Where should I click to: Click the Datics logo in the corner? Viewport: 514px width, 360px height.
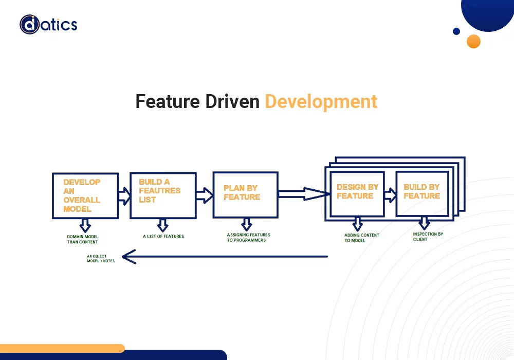pyautogui.click(x=48, y=24)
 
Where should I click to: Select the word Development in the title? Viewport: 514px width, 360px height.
pyautogui.click(x=321, y=101)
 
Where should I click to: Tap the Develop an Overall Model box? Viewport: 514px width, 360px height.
pyautogui.click(x=85, y=195)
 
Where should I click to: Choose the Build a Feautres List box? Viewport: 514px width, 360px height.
pyautogui.click(x=162, y=195)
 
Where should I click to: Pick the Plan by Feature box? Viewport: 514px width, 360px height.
pyautogui.click(x=245, y=194)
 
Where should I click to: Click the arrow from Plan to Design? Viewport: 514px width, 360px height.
pyautogui.click(x=303, y=194)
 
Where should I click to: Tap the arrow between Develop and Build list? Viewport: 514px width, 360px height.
pyautogui.click(x=124, y=195)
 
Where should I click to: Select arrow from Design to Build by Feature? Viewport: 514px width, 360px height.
pyautogui.click(x=390, y=195)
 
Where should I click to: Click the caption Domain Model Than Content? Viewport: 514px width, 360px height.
pyautogui.click(x=82, y=239)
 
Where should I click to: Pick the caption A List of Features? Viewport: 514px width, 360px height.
pyautogui.click(x=163, y=237)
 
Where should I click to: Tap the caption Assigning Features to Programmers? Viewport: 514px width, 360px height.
pyautogui.click(x=248, y=238)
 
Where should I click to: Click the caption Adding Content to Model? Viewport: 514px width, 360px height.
pyautogui.click(x=361, y=238)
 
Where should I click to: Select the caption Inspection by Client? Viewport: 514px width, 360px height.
pyautogui.click(x=428, y=237)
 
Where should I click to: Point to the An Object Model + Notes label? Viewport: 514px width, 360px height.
pyautogui.click(x=101, y=259)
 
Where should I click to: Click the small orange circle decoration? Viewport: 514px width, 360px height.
pyautogui.click(x=473, y=41)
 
